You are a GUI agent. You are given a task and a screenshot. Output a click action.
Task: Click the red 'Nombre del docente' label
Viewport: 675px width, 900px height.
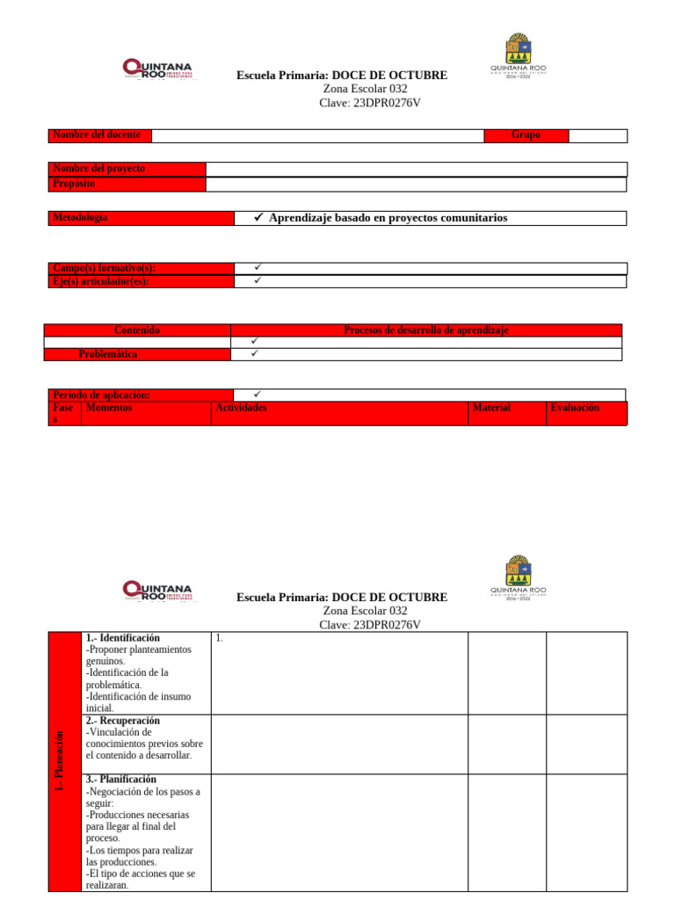coord(97,135)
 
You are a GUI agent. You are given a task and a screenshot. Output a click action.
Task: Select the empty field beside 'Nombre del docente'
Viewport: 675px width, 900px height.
coord(317,135)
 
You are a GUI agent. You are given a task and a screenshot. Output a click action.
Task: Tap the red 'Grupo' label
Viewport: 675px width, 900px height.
coord(526,135)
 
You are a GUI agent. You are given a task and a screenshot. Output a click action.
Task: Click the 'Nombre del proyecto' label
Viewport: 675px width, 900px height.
coord(99,169)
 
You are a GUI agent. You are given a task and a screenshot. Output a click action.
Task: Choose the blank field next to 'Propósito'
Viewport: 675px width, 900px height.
coord(416,185)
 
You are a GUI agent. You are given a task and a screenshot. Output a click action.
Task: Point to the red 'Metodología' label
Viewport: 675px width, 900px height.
coord(81,218)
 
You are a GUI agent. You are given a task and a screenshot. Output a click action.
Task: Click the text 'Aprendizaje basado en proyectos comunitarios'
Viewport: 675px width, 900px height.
coord(388,218)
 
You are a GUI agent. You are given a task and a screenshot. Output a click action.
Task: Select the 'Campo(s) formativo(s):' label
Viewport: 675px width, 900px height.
coord(105,268)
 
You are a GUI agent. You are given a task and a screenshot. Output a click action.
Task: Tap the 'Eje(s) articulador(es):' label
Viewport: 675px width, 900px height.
coord(101,281)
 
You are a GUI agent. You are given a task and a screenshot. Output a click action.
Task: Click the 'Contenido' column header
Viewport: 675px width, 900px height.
coord(137,330)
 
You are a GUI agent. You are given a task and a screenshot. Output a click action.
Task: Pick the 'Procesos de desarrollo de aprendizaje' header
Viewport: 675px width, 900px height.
coord(425,330)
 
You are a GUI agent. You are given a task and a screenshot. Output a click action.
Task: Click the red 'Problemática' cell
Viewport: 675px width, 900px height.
coord(108,354)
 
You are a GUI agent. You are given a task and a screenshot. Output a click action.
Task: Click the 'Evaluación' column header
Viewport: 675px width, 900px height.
coord(575,408)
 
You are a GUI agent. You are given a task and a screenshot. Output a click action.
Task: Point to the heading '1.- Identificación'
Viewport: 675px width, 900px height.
coord(123,637)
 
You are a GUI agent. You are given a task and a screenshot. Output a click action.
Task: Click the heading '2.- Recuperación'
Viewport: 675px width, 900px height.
coord(123,721)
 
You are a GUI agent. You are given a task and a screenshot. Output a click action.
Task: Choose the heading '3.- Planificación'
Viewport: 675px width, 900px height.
coord(121,780)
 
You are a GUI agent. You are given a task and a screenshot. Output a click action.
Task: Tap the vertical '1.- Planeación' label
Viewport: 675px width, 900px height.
coord(60,761)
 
